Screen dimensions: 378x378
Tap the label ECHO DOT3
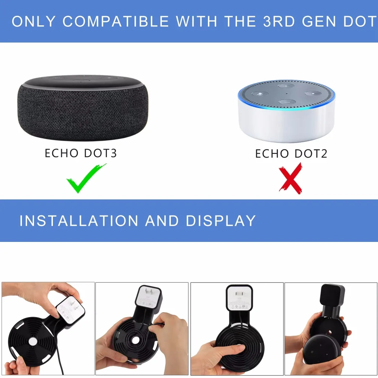(x=81, y=153)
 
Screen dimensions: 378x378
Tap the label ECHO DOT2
(x=291, y=153)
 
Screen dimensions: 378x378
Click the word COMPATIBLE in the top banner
(x=116, y=22)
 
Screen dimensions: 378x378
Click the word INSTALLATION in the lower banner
(x=79, y=220)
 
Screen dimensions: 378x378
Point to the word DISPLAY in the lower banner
(x=220, y=220)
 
